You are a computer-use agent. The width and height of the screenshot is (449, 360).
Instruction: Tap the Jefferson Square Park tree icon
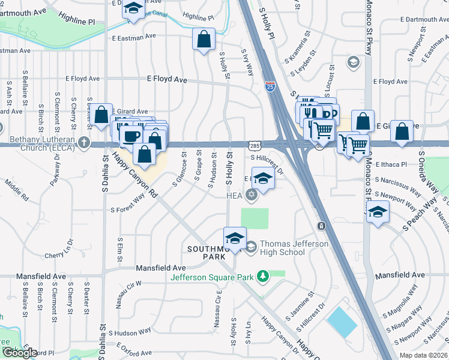[x=262, y=276]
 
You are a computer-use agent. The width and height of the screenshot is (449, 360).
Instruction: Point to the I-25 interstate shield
[x=270, y=88]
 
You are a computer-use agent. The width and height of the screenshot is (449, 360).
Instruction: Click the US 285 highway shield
[x=255, y=145]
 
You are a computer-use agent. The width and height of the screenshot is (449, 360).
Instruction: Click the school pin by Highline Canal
[x=133, y=9]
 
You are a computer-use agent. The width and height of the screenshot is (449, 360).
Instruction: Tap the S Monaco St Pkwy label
[x=368, y=30]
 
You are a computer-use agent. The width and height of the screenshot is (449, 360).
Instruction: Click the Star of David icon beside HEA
[x=251, y=194]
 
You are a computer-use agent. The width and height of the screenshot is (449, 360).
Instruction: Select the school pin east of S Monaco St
[x=378, y=212]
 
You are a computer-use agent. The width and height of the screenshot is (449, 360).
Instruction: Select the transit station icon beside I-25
[x=321, y=226]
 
